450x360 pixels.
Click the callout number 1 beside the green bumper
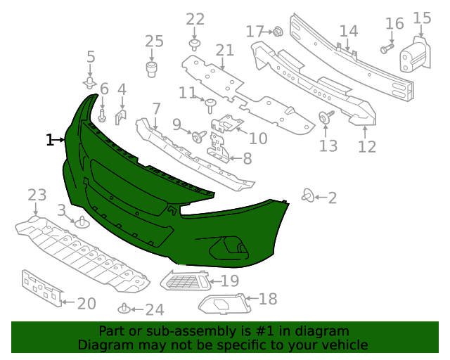click(49, 141)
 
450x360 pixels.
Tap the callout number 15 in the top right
click(422, 18)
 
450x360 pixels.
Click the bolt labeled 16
click(386, 49)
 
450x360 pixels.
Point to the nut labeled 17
click(277, 31)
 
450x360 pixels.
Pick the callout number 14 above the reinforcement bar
click(349, 32)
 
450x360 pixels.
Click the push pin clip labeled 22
click(195, 45)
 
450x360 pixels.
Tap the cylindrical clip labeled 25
click(151, 68)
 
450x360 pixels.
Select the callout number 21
click(224, 50)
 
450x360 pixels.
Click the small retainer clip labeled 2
click(307, 195)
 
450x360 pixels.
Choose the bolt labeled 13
click(327, 117)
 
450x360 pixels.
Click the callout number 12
click(366, 146)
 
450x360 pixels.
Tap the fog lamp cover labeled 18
click(222, 304)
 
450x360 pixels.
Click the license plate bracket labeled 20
click(41, 287)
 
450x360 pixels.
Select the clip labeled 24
click(123, 308)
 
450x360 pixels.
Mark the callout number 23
click(37, 195)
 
